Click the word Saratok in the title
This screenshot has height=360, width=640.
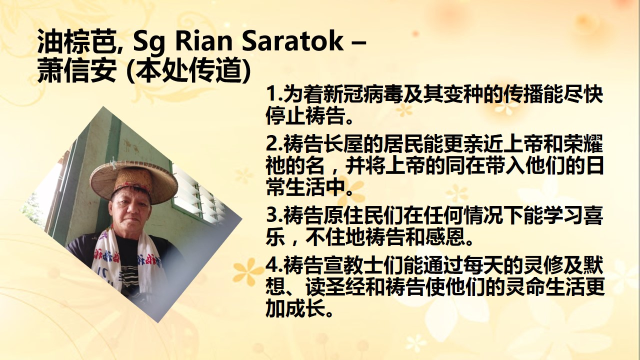(293, 41)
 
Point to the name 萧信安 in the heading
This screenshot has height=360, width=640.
(76, 69)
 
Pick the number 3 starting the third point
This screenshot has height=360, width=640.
(271, 215)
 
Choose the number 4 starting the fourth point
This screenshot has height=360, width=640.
(271, 265)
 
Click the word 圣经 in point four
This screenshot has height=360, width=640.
(343, 287)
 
